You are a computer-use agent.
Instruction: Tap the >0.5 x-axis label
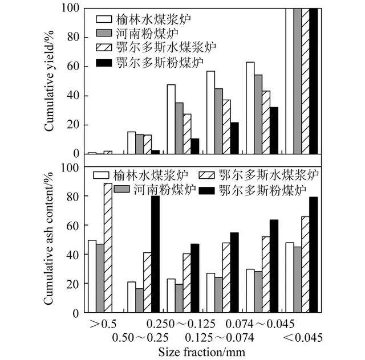tap(103, 324)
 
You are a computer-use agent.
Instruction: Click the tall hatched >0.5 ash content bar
tap(108, 248)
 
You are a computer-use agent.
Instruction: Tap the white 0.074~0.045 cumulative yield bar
tap(250, 108)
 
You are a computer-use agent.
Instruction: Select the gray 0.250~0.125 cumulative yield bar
tap(179, 128)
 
